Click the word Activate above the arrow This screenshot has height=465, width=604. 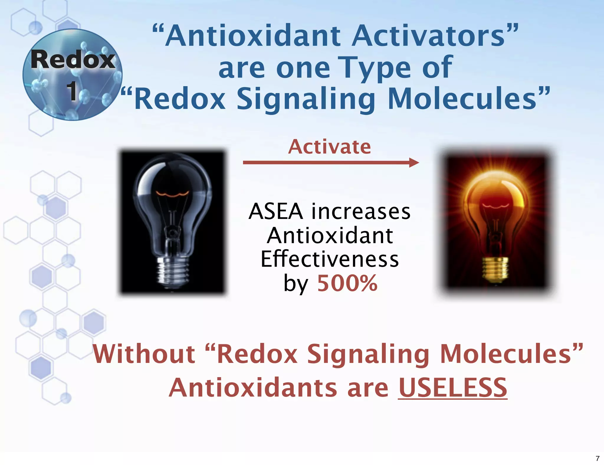click(x=329, y=147)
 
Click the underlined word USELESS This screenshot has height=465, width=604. click(x=452, y=388)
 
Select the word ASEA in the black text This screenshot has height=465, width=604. click(x=276, y=212)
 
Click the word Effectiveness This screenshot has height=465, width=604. click(x=330, y=259)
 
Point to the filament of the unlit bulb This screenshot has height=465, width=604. click(x=173, y=194)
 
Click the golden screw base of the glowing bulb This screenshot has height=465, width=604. click(x=495, y=267)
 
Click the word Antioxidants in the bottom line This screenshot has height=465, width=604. click(x=253, y=388)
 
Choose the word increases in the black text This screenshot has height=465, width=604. click(x=361, y=212)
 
